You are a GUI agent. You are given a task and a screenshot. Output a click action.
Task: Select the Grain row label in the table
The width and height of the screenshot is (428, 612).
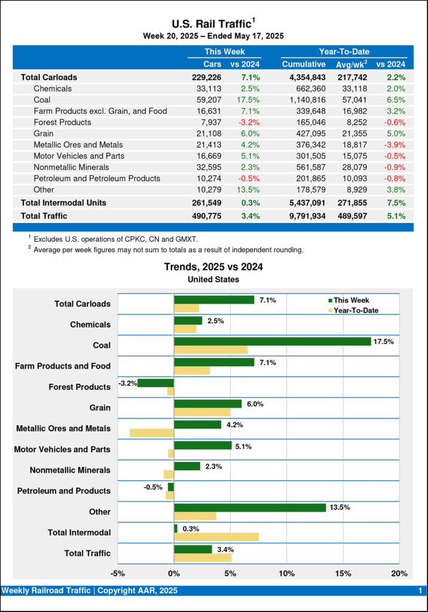[x=44, y=133]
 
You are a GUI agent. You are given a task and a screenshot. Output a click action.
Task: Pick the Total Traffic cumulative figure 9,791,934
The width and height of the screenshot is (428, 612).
[x=304, y=216]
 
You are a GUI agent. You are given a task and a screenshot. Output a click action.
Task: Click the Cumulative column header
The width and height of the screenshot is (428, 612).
[x=304, y=64]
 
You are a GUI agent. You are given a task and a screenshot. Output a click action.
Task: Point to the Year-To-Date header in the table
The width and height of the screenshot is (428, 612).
[x=344, y=52]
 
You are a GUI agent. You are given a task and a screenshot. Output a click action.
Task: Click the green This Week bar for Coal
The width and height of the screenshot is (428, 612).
[x=272, y=341]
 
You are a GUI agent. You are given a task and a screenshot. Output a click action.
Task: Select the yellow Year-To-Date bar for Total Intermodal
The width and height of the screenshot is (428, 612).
[x=216, y=537]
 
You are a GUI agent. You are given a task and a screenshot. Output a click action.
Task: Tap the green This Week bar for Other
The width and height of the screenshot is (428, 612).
[x=250, y=507]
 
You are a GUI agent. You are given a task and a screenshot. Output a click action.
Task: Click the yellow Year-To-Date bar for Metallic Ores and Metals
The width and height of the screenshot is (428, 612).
[x=152, y=433]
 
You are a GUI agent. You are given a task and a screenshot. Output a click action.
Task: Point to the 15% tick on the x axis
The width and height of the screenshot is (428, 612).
[x=343, y=574]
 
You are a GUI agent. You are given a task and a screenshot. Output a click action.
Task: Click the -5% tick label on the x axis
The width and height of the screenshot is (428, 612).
[x=118, y=574]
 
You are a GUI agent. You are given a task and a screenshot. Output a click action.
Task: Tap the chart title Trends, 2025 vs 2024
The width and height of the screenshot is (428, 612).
[x=213, y=267]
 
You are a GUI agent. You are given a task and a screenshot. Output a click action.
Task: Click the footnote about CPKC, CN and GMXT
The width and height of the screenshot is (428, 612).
[x=114, y=238]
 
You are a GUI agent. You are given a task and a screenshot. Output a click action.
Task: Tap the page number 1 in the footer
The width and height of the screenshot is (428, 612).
[x=420, y=590]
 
